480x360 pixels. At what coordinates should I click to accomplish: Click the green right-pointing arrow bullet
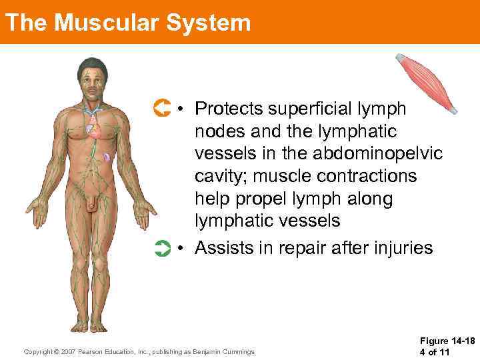tap(161, 249)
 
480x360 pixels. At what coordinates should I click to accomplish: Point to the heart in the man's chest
tap(95, 129)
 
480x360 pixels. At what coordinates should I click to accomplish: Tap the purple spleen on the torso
tap(107, 159)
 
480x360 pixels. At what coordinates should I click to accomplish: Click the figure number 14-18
tap(463, 341)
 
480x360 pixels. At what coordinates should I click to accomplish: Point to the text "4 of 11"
tap(437, 352)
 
